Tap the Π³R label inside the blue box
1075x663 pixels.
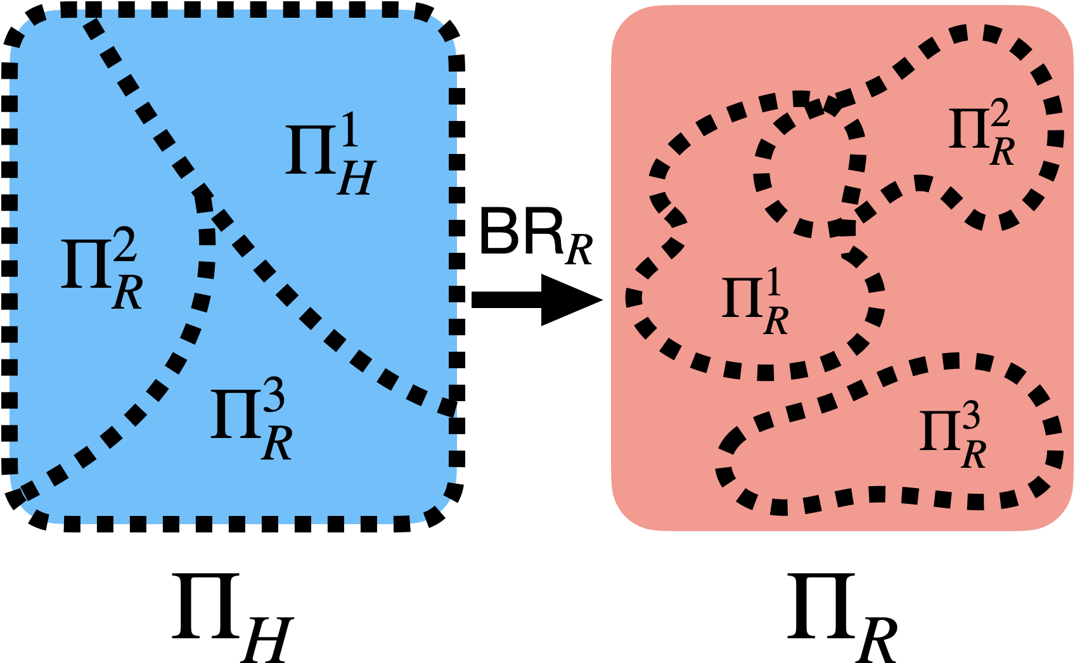[251, 422]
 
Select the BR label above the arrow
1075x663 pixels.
[536, 235]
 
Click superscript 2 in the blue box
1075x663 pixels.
[126, 246]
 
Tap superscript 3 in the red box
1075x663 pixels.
[970, 418]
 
